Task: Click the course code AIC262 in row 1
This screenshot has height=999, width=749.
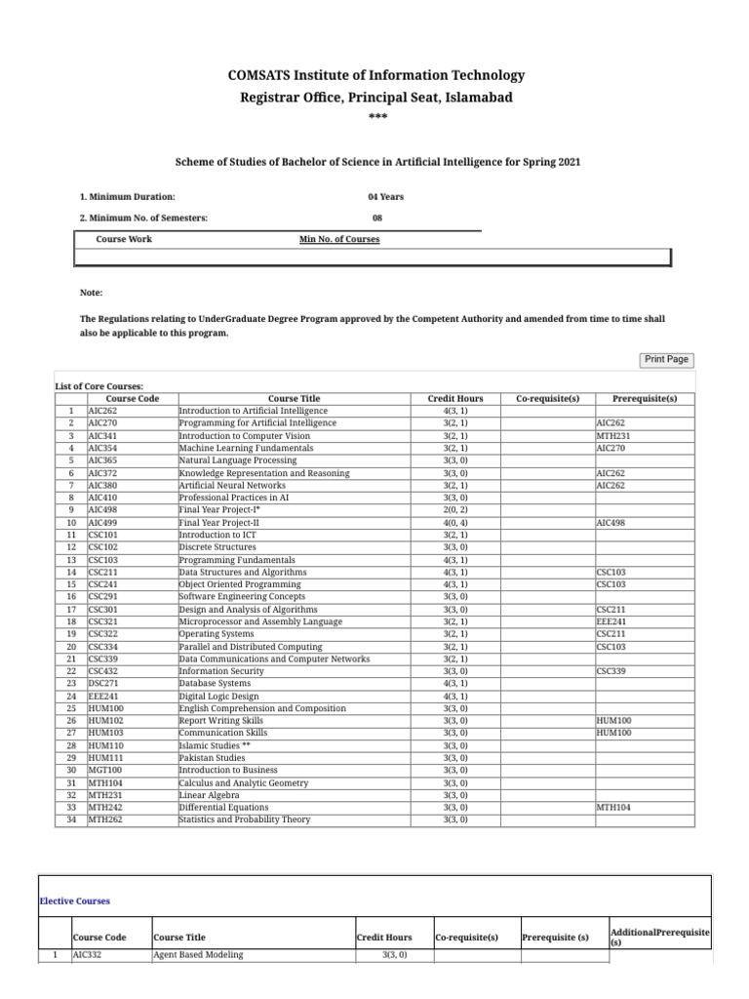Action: pyautogui.click(x=102, y=411)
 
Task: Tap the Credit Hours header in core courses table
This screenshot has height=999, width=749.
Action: pyautogui.click(x=455, y=398)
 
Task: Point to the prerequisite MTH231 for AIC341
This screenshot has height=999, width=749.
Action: pyautogui.click(x=611, y=435)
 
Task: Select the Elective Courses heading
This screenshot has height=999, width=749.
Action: pyautogui.click(x=75, y=900)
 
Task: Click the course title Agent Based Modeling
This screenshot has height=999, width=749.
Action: pyautogui.click(x=198, y=955)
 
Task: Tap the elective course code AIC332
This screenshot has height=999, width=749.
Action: pyautogui.click(x=88, y=955)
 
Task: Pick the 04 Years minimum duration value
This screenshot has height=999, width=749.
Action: pyautogui.click(x=385, y=196)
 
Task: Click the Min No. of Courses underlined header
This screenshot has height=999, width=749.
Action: pyautogui.click(x=339, y=239)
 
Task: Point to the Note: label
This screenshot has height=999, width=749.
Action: pyautogui.click(x=91, y=293)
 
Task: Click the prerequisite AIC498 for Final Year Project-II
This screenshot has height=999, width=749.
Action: pyautogui.click(x=611, y=523)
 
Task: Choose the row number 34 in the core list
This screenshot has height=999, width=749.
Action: pyautogui.click(x=70, y=819)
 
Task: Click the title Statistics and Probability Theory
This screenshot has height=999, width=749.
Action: pyautogui.click(x=245, y=819)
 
